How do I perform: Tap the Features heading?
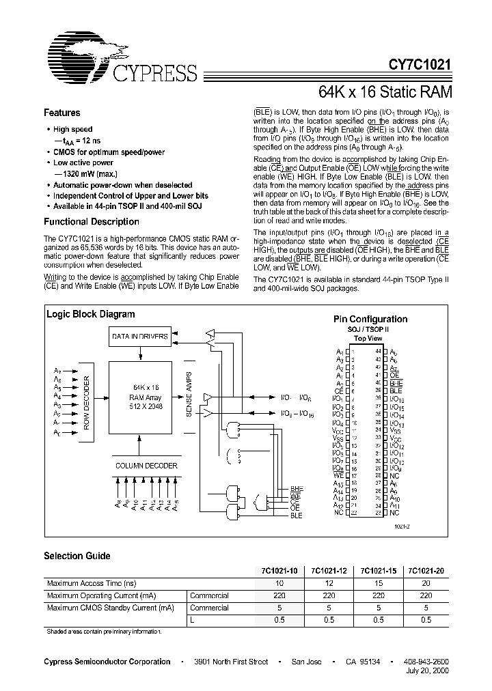pyautogui.click(x=62, y=113)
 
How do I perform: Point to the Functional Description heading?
pyautogui.click(x=92, y=222)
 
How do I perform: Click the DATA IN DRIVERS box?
pyautogui.click(x=139, y=336)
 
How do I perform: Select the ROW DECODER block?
pyautogui.click(x=87, y=403)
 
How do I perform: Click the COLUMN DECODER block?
pyautogui.click(x=146, y=466)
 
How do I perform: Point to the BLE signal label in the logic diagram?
pyautogui.click(x=296, y=516)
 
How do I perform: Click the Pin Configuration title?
pyautogui.click(x=370, y=319)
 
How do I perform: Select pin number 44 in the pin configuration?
pyautogui.click(x=378, y=351)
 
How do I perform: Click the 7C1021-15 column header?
pyautogui.click(x=378, y=571)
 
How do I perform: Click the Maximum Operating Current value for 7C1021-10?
pyautogui.click(x=279, y=596)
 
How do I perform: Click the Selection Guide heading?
pyautogui.click(x=77, y=556)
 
